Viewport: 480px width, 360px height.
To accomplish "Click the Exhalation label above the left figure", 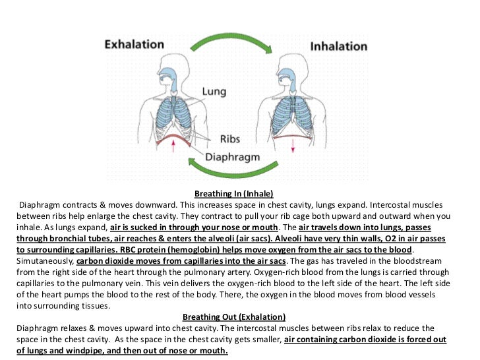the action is click(134, 45).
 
